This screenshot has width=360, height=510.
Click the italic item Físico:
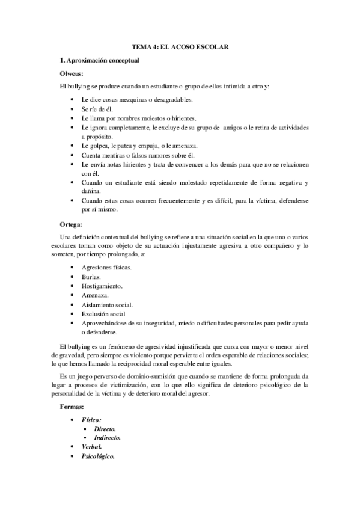[x=91, y=419]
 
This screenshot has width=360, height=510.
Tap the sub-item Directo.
[x=105, y=429]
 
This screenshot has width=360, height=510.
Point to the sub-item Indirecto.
[x=108, y=438]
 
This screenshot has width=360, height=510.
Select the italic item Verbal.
[x=91, y=447]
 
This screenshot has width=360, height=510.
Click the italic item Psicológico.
[x=98, y=457]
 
